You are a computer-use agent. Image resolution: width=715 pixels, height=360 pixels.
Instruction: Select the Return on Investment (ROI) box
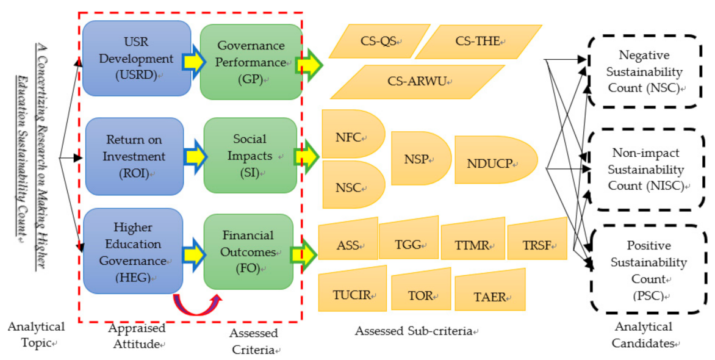[x=135, y=156]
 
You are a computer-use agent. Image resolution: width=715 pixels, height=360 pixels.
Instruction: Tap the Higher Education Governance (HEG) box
[x=133, y=251]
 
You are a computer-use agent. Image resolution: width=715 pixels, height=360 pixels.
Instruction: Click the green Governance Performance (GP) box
[x=251, y=62]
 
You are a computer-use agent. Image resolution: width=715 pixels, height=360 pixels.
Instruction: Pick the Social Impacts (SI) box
[x=250, y=156]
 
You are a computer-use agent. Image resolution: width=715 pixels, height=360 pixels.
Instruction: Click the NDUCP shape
[x=495, y=164]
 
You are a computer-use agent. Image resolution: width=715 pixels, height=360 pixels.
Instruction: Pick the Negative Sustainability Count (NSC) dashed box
[x=643, y=72]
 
